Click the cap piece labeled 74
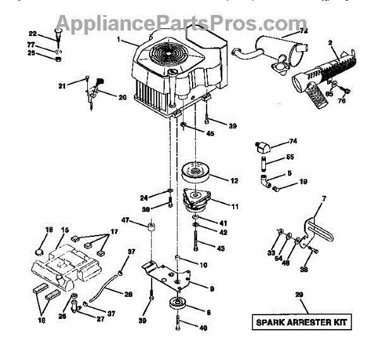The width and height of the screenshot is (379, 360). click(x=261, y=148)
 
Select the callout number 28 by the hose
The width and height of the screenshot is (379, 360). click(x=128, y=294)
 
